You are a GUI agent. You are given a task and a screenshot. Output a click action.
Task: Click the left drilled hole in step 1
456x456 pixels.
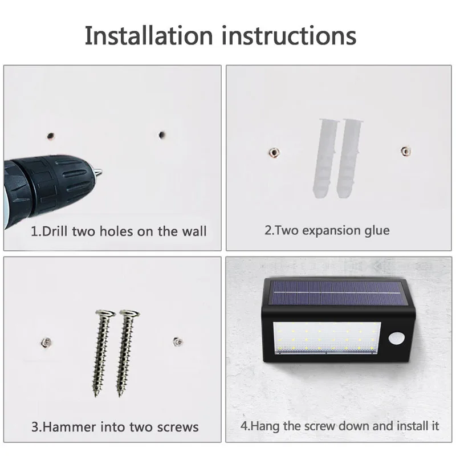tap(51, 136)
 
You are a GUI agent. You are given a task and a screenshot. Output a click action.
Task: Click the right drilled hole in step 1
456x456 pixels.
tap(161, 136)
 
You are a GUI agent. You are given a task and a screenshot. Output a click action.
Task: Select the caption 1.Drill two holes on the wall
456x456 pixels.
tap(119, 231)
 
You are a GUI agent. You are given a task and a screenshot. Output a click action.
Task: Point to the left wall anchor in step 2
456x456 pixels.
tap(272, 152)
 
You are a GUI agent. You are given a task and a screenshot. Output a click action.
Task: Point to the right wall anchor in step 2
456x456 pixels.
tap(405, 151)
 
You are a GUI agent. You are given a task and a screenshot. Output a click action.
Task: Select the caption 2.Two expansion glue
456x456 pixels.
tap(327, 230)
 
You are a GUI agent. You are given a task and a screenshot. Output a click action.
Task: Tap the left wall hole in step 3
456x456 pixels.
tap(43, 342)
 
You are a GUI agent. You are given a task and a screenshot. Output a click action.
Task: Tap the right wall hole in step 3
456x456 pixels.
tap(177, 341)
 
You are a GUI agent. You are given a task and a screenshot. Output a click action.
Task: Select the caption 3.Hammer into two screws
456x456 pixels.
tap(115, 427)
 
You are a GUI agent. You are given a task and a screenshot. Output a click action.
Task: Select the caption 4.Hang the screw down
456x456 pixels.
tap(340, 426)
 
